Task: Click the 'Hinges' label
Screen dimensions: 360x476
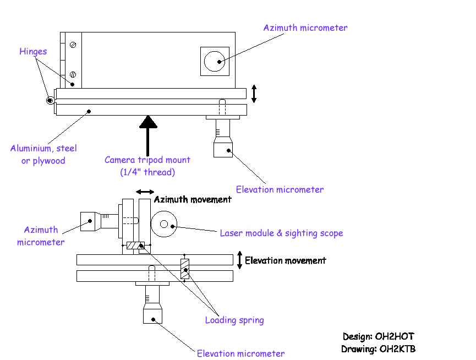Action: (x=33, y=52)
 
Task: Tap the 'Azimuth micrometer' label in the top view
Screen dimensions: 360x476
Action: (x=305, y=28)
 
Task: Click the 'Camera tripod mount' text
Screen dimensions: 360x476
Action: (x=147, y=160)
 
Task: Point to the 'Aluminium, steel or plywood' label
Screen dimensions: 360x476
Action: (x=43, y=154)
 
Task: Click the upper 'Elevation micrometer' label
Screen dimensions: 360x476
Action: (x=280, y=189)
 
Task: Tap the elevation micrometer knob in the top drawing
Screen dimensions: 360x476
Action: (x=223, y=146)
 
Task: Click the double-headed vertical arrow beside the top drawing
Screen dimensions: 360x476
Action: (x=254, y=94)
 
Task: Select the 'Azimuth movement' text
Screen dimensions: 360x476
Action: (x=192, y=199)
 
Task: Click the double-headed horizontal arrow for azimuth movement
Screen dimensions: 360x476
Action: (x=145, y=192)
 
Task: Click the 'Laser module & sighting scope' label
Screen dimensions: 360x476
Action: (x=281, y=233)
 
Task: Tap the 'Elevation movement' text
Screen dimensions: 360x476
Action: (x=285, y=260)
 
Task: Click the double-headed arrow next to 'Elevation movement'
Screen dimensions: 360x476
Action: (x=239, y=260)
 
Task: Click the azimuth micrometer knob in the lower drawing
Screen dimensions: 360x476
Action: (x=89, y=221)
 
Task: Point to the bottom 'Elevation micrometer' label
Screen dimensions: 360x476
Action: (x=240, y=353)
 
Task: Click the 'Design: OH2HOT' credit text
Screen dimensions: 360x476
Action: (x=382, y=336)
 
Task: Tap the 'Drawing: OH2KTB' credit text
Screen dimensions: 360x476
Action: (x=382, y=348)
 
